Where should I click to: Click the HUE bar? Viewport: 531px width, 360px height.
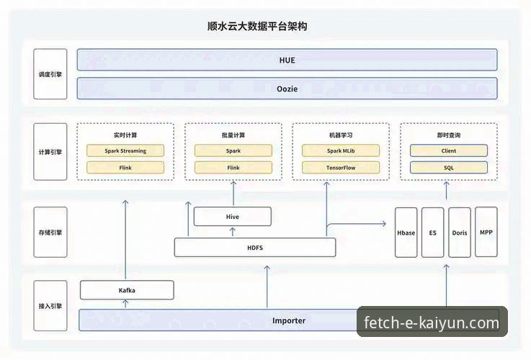pos(287,60)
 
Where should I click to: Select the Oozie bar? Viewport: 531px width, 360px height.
pos(287,89)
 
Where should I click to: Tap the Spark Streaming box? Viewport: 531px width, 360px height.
pos(125,151)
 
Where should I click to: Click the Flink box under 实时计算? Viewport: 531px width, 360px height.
pos(125,168)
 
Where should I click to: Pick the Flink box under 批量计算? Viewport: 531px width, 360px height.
pos(233,168)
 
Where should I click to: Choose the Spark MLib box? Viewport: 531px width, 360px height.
pos(340,151)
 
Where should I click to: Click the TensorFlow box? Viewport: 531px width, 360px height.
pos(340,168)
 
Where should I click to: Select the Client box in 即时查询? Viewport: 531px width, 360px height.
pos(448,151)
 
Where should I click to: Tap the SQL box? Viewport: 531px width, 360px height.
pos(448,168)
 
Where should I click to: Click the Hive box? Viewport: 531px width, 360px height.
pos(233,216)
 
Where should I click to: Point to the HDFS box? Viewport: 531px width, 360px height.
pos(255,248)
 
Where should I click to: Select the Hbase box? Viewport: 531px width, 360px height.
pos(406,233)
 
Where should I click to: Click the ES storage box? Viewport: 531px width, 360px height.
pos(433,233)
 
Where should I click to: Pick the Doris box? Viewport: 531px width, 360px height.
pos(460,233)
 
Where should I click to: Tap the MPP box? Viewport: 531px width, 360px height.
pos(486,233)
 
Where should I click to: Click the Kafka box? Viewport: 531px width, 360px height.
pos(127,290)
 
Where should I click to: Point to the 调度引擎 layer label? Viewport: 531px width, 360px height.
pos(50,74)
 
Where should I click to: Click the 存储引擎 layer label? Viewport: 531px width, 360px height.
pos(50,233)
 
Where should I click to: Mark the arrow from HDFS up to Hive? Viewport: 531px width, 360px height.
pos(233,232)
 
